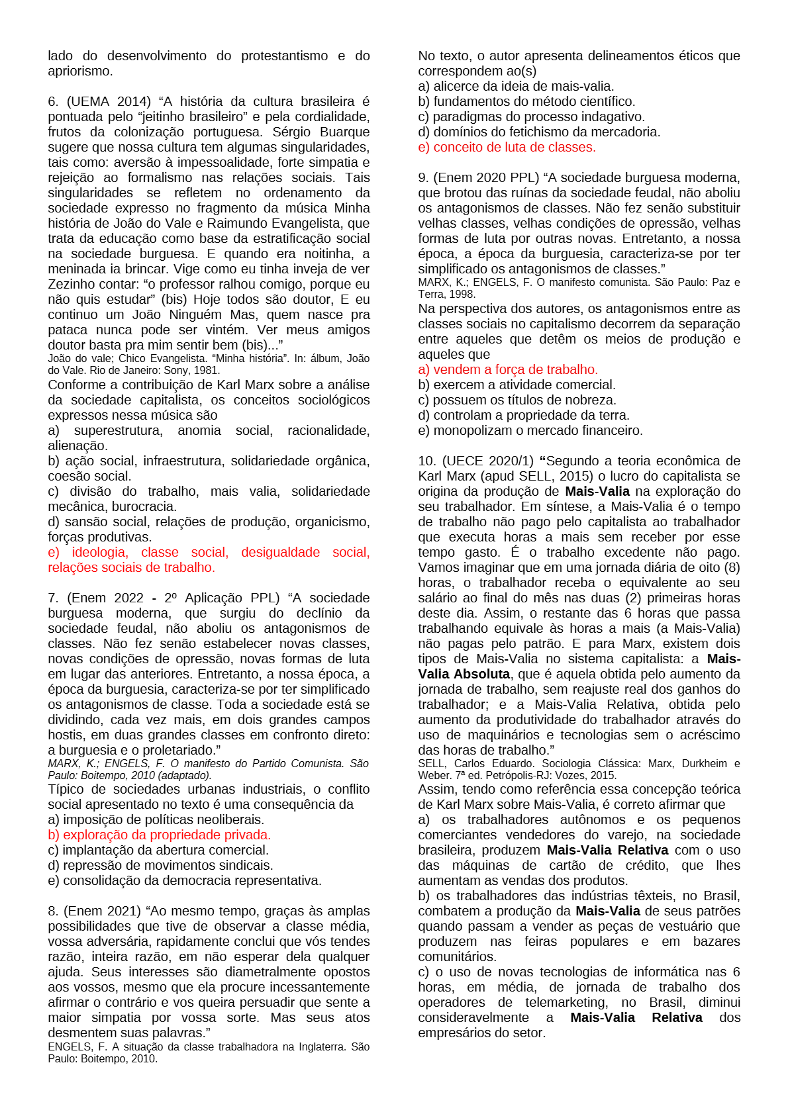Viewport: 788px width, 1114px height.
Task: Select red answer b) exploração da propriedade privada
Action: tap(159, 835)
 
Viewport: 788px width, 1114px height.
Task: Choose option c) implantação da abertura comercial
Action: tap(158, 851)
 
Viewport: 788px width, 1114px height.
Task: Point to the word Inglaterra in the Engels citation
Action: tap(314, 1047)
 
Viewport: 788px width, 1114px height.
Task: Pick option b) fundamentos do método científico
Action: tap(526, 102)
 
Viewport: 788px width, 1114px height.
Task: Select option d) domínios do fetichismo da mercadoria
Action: tap(539, 132)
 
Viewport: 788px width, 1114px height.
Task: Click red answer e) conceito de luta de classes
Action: tap(507, 148)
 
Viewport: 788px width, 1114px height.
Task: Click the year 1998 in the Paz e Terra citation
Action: tap(462, 294)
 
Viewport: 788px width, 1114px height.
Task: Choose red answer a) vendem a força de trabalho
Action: tap(507, 370)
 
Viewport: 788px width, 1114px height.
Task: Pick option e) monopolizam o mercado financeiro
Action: tap(530, 431)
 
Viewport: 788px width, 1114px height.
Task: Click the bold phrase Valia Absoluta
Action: tap(464, 674)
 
